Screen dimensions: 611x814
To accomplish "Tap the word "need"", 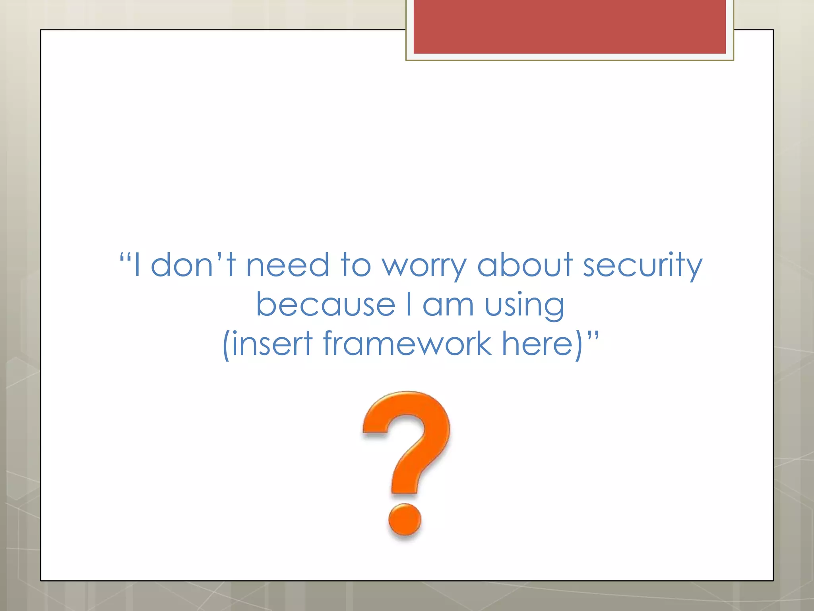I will [x=287, y=265].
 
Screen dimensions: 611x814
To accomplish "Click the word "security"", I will [x=642, y=266].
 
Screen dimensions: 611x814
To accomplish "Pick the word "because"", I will [x=326, y=305].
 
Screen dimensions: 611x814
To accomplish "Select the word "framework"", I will [x=407, y=343].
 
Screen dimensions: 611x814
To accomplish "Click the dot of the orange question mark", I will [x=404, y=520].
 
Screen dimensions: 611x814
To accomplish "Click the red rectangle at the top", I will [x=569, y=26].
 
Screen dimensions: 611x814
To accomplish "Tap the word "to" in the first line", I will [x=355, y=265].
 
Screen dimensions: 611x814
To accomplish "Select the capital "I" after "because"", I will [x=409, y=305].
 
